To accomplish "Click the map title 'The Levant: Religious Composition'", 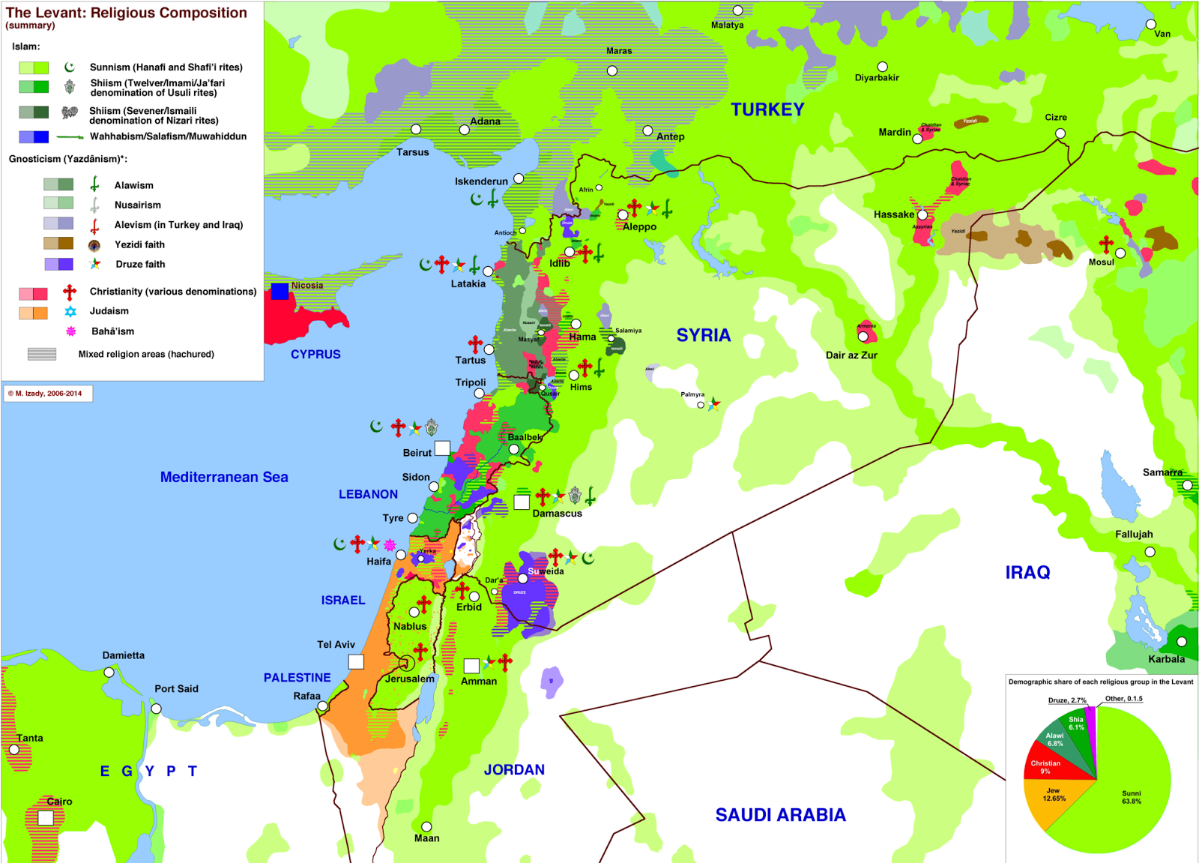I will point(126,13).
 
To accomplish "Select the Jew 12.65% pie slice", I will point(1053,796).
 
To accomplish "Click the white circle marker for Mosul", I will point(1120,253).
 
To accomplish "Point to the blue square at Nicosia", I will point(280,291).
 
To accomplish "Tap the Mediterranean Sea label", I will point(224,477).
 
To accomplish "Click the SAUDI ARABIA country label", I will point(780,815).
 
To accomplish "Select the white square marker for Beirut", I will point(442,448).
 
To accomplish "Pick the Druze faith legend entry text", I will point(140,264).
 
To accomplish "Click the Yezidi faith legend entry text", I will point(139,244).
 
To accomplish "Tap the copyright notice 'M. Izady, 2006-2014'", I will point(48,393).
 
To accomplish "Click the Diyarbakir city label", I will point(877,77).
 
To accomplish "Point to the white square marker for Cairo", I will point(46,818).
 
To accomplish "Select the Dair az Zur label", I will point(851,355).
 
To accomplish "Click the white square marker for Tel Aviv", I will point(356,661).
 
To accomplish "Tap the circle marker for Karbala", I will point(1182,642).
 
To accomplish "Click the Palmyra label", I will point(692,394).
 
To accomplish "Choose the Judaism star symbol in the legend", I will point(70,311).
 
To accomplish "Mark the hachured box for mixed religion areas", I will point(42,354).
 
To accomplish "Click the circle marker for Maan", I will point(426,826).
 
